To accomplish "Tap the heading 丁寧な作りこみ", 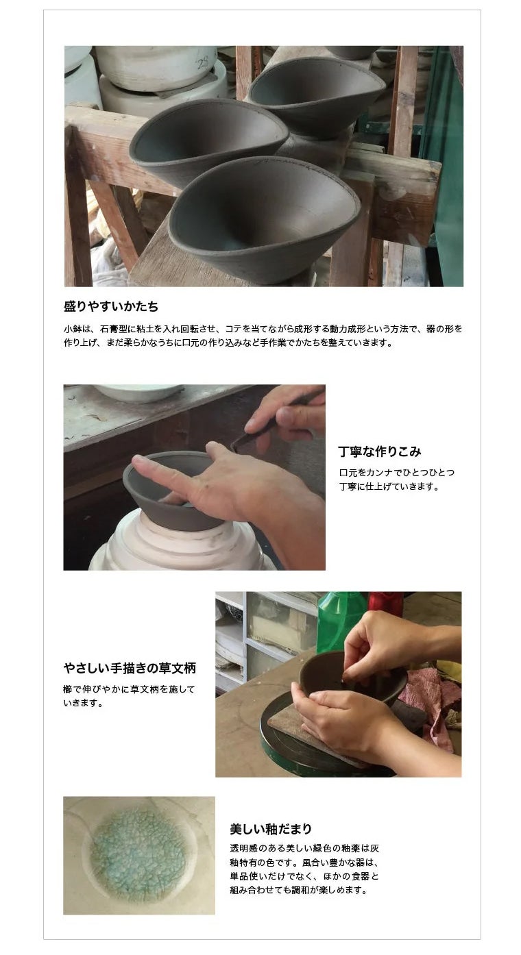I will coord(379,451).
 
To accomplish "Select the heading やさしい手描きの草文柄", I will coord(129,668).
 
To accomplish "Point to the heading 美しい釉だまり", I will coord(271,829).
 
